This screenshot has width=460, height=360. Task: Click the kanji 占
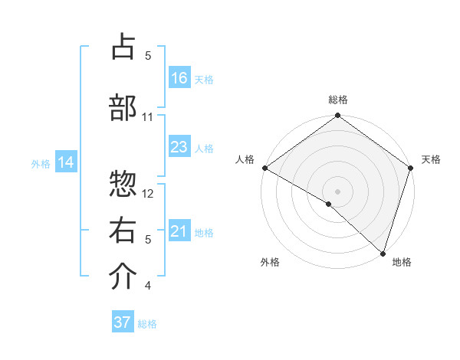[123, 47]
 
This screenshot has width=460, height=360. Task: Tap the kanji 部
[123, 108]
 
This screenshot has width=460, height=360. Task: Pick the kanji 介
[123, 278]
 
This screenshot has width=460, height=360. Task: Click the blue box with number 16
[179, 78]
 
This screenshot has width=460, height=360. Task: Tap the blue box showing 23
[179, 147]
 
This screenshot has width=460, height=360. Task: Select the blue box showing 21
[179, 231]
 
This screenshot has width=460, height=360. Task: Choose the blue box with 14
[66, 162]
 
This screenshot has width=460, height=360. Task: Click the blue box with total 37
[123, 322]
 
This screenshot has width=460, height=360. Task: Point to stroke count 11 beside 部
[148, 117]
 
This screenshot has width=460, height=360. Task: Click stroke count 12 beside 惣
[149, 193]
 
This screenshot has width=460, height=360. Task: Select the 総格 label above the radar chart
[338, 100]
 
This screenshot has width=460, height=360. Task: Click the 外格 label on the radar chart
[270, 263]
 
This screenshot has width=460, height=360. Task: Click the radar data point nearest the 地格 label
[383, 254]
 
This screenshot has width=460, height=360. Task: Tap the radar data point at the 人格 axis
[264, 168]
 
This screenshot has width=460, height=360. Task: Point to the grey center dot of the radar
[337, 191]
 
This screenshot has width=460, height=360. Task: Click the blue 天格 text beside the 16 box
[204, 79]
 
